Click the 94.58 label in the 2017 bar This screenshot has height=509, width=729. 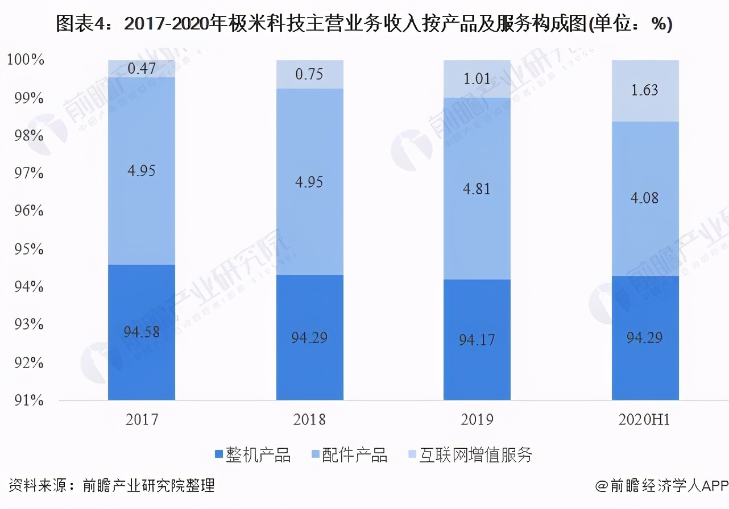(x=142, y=331)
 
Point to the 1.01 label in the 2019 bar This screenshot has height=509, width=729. (x=477, y=78)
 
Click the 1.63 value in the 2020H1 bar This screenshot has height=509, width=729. (x=645, y=90)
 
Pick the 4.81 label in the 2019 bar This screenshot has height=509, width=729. (x=477, y=189)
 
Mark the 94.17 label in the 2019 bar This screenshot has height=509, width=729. (x=477, y=340)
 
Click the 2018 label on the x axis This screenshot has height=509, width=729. (x=309, y=420)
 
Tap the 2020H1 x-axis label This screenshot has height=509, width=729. (x=645, y=420)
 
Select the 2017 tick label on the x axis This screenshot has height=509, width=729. (x=142, y=420)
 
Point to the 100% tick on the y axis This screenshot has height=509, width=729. (x=25, y=60)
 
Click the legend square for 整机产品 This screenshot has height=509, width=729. (x=219, y=454)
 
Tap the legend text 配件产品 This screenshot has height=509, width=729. (x=354, y=454)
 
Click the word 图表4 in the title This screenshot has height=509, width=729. (x=79, y=24)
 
